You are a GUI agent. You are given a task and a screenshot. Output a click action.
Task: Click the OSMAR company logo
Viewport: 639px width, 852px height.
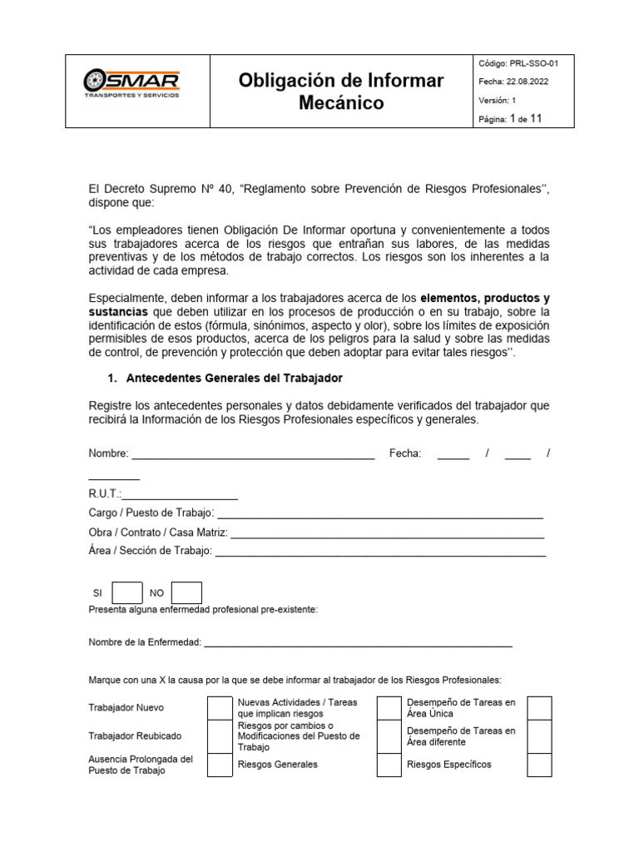[x=131, y=83]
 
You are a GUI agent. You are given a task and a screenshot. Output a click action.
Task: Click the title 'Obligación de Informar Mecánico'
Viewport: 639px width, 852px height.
[x=341, y=92]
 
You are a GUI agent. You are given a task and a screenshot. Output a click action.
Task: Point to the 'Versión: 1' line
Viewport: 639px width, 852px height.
[x=498, y=100]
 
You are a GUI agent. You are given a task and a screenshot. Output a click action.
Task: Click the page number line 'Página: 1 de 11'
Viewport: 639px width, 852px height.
[x=510, y=119]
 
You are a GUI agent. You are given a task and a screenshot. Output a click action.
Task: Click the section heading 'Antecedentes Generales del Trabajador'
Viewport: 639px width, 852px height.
[x=234, y=379]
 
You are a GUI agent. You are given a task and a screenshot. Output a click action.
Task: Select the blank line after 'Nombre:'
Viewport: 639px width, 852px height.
[x=253, y=454]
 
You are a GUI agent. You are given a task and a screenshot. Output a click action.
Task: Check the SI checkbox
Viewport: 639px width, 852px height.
[x=126, y=592]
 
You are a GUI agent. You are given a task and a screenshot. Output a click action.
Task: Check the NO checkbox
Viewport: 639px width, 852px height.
[x=186, y=592]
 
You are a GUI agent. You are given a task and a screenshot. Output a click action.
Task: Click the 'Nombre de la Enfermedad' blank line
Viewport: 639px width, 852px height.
[x=358, y=643]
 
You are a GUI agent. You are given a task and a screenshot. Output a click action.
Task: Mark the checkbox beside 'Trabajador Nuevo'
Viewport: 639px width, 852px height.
[x=220, y=708]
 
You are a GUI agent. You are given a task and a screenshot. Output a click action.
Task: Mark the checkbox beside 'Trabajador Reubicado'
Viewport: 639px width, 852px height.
[x=220, y=736]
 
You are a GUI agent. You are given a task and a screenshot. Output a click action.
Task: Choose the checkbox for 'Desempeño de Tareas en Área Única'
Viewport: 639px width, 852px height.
[x=539, y=708]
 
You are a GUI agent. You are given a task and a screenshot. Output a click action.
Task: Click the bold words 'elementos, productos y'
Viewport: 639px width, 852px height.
[x=485, y=298]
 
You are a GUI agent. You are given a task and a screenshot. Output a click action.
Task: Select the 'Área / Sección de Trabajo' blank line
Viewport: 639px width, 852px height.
[x=380, y=551]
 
